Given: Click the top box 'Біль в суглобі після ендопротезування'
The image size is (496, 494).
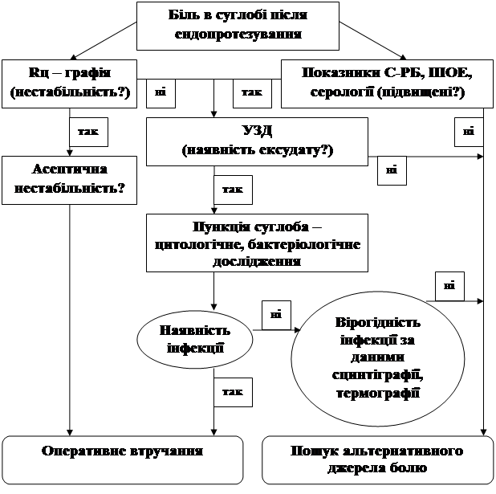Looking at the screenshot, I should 238,25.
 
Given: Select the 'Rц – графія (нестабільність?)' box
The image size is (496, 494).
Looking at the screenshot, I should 69,82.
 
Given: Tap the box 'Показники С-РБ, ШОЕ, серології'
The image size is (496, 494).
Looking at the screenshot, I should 388,82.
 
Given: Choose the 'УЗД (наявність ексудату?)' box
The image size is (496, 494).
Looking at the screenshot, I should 257,141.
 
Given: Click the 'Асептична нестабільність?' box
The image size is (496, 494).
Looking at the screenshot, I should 71,181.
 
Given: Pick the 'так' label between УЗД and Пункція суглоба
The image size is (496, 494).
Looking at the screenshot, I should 234,190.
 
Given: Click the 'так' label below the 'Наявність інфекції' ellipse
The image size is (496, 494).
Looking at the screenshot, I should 234,392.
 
